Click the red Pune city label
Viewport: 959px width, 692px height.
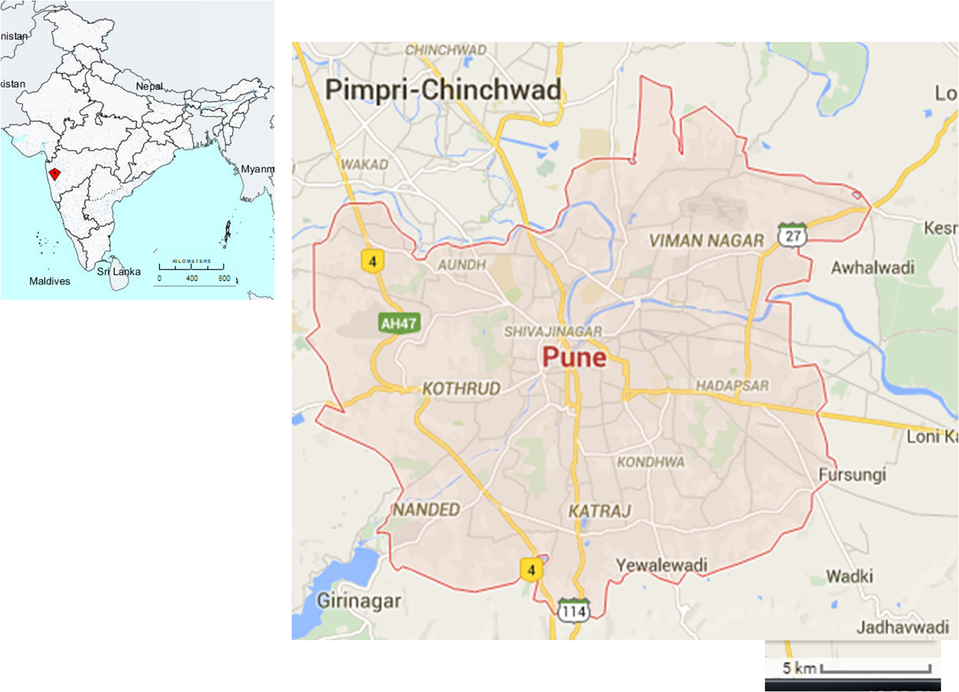coord(574,358)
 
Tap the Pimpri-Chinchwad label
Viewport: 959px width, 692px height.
coord(443,90)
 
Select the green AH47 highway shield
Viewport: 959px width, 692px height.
coord(399,323)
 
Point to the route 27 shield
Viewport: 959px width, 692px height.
coord(792,235)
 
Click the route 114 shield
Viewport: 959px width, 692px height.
coord(573,611)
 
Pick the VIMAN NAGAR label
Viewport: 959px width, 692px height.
coord(706,241)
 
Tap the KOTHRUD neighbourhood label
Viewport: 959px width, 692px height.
coord(461,388)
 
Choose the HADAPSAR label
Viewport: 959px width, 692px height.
coord(732,386)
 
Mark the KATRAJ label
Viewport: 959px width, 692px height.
coord(599,511)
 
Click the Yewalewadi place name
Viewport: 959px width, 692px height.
coord(661,565)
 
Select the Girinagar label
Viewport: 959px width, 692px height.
coord(359,601)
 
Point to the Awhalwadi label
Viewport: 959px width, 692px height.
coord(873,268)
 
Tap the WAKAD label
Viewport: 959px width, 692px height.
coord(364,164)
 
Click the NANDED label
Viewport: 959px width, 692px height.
coord(426,509)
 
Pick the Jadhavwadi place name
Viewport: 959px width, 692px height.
coord(902,627)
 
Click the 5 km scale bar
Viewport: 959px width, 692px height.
coord(875,669)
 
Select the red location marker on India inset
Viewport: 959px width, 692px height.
coord(54,174)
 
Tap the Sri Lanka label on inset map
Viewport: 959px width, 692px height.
coord(119,272)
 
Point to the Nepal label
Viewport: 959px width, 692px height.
coord(149,86)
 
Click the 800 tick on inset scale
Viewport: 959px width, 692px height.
coord(224,279)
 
